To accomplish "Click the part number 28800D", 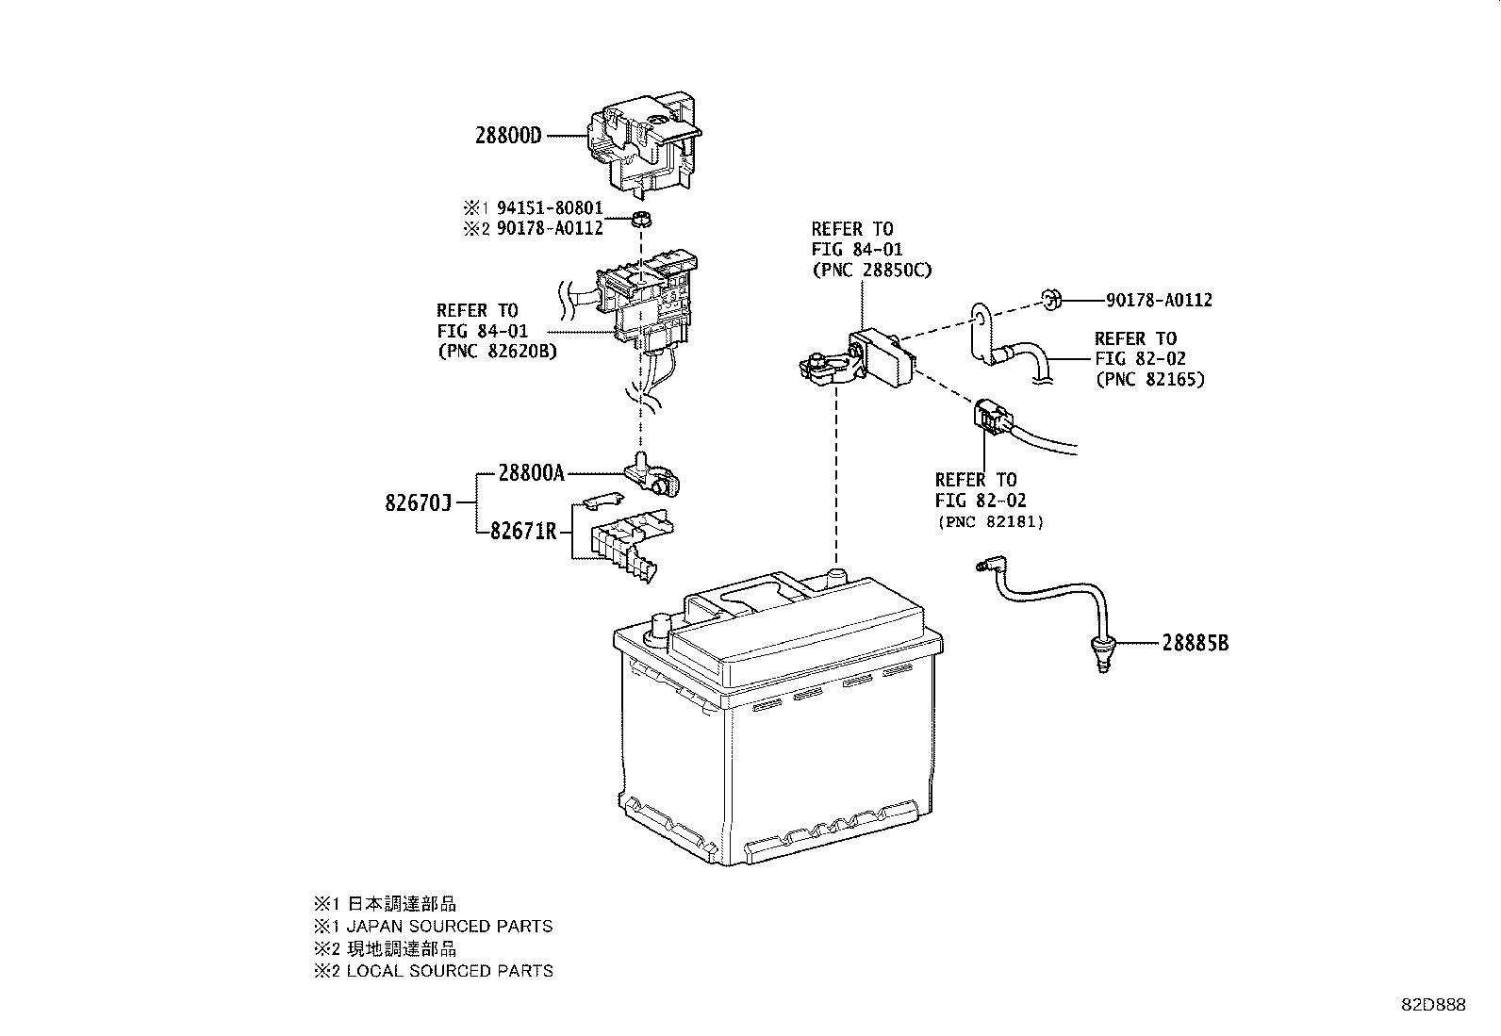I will pos(508,136).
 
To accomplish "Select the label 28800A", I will pos(531,473).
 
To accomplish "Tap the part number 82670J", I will pos(419,503).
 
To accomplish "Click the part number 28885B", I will pos(1195,644).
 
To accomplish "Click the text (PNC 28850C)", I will pos(871,270).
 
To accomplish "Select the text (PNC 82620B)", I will pos(497,352).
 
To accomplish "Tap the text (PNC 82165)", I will pos(1149,380).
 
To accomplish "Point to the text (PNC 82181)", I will pos(990,521).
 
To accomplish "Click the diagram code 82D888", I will pos(1431,1005).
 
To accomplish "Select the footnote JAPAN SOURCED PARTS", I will pos(449,927).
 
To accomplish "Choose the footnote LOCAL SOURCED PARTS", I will pos(449,971).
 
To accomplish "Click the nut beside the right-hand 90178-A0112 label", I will pos(1052,301).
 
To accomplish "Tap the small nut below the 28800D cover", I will pos(641,222).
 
